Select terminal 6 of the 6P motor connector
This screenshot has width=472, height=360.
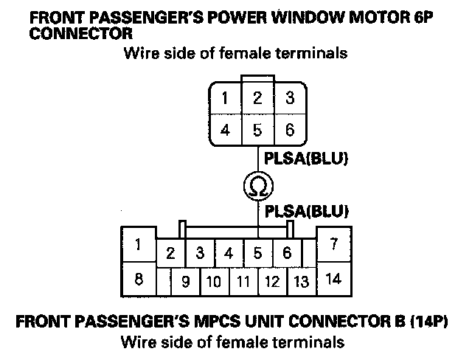pyautogui.click(x=289, y=130)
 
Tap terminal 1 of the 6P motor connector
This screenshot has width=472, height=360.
pyautogui.click(x=224, y=99)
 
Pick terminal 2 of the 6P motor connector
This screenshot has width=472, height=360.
pyautogui.click(x=257, y=99)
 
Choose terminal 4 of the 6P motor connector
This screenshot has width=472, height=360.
pyautogui.click(x=224, y=130)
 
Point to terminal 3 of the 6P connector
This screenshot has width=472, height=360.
pyautogui.click(x=289, y=99)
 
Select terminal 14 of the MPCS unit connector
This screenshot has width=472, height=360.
pyautogui.click(x=333, y=279)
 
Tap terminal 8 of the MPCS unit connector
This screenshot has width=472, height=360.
pyautogui.click(x=138, y=279)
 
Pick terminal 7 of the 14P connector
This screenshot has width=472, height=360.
pyautogui.click(x=333, y=244)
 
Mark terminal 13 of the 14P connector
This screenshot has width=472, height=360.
pyautogui.click(x=301, y=281)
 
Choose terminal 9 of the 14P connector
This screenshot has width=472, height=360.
pyautogui.click(x=185, y=281)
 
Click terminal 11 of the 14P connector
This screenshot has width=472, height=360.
pyautogui.click(x=243, y=281)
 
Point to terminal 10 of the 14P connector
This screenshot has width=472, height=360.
pyautogui.click(x=214, y=281)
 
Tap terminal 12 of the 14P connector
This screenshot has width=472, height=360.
pyautogui.click(x=272, y=281)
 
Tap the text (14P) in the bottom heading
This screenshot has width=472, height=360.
pyautogui.click(x=426, y=322)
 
